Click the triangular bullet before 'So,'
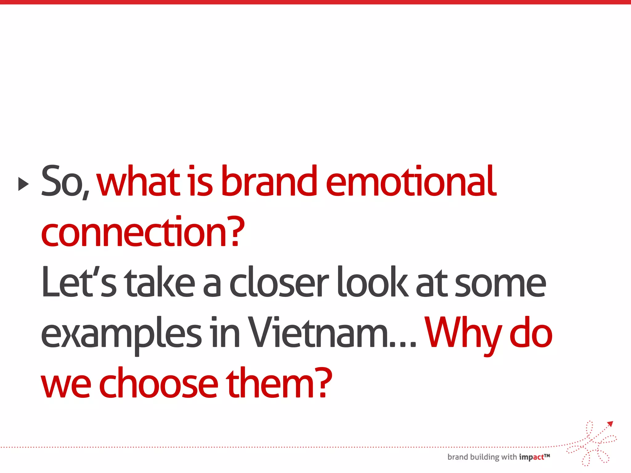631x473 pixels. click(23, 184)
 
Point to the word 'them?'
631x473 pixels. click(279, 383)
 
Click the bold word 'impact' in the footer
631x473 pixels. click(531, 457)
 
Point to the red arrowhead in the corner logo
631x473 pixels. click(610, 424)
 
